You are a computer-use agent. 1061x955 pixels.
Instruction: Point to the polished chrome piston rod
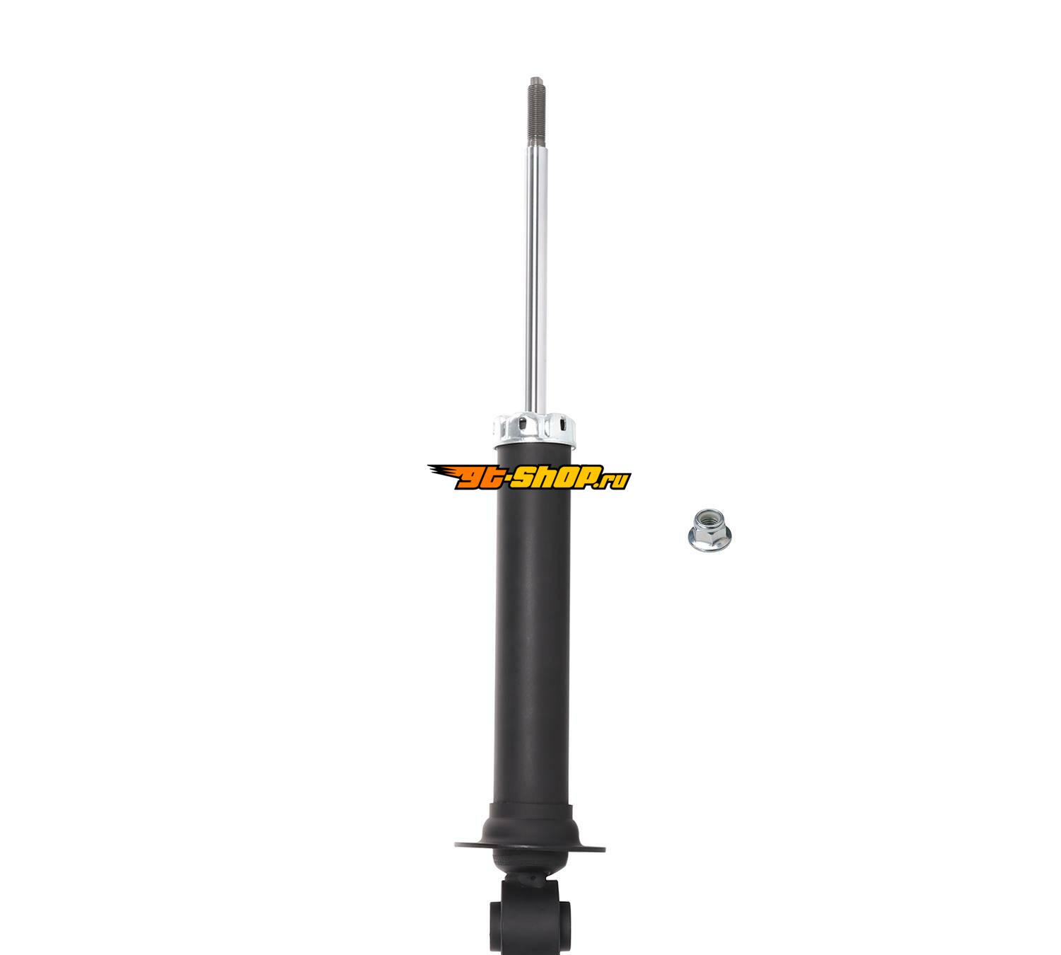536,280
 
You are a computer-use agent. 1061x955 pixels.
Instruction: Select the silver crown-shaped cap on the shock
534,429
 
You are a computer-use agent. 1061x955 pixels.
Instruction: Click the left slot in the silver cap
523,423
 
